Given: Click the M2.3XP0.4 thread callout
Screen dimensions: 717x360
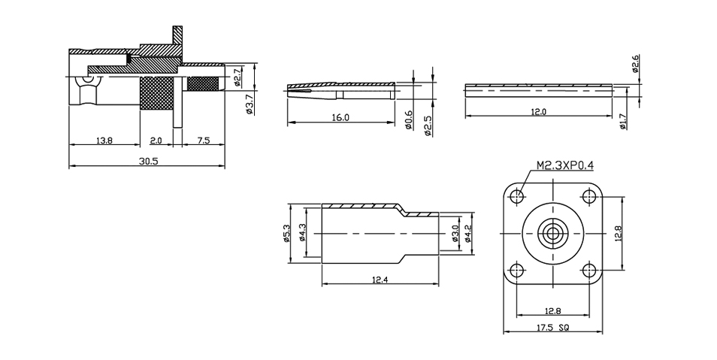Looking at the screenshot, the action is [564, 165].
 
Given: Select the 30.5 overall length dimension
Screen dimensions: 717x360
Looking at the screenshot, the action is [147, 161].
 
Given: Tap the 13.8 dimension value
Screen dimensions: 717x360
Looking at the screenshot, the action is [104, 141].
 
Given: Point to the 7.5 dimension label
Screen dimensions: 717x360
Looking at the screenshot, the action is [204, 141].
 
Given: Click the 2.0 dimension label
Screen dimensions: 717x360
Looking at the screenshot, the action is [156, 141].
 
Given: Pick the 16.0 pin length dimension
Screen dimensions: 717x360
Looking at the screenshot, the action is [340, 117].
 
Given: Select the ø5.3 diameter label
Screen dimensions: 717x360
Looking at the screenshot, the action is [286, 233].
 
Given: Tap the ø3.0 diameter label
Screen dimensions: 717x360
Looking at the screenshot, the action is [455, 233].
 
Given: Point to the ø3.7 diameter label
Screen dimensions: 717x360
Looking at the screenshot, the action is [250, 104].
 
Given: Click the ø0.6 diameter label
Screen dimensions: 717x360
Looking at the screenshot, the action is [410, 120].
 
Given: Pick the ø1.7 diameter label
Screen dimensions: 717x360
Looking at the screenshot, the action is [622, 121].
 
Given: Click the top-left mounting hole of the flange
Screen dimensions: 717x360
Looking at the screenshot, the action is [518, 197].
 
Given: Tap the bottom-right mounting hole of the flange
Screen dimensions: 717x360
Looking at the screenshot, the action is [588, 270].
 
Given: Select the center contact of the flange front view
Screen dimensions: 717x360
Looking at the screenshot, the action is [553, 233].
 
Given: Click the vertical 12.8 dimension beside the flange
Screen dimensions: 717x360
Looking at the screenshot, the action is [619, 233].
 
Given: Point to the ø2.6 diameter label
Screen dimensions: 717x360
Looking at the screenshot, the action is [635, 64].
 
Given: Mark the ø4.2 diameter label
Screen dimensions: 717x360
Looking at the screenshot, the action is [467, 233].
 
